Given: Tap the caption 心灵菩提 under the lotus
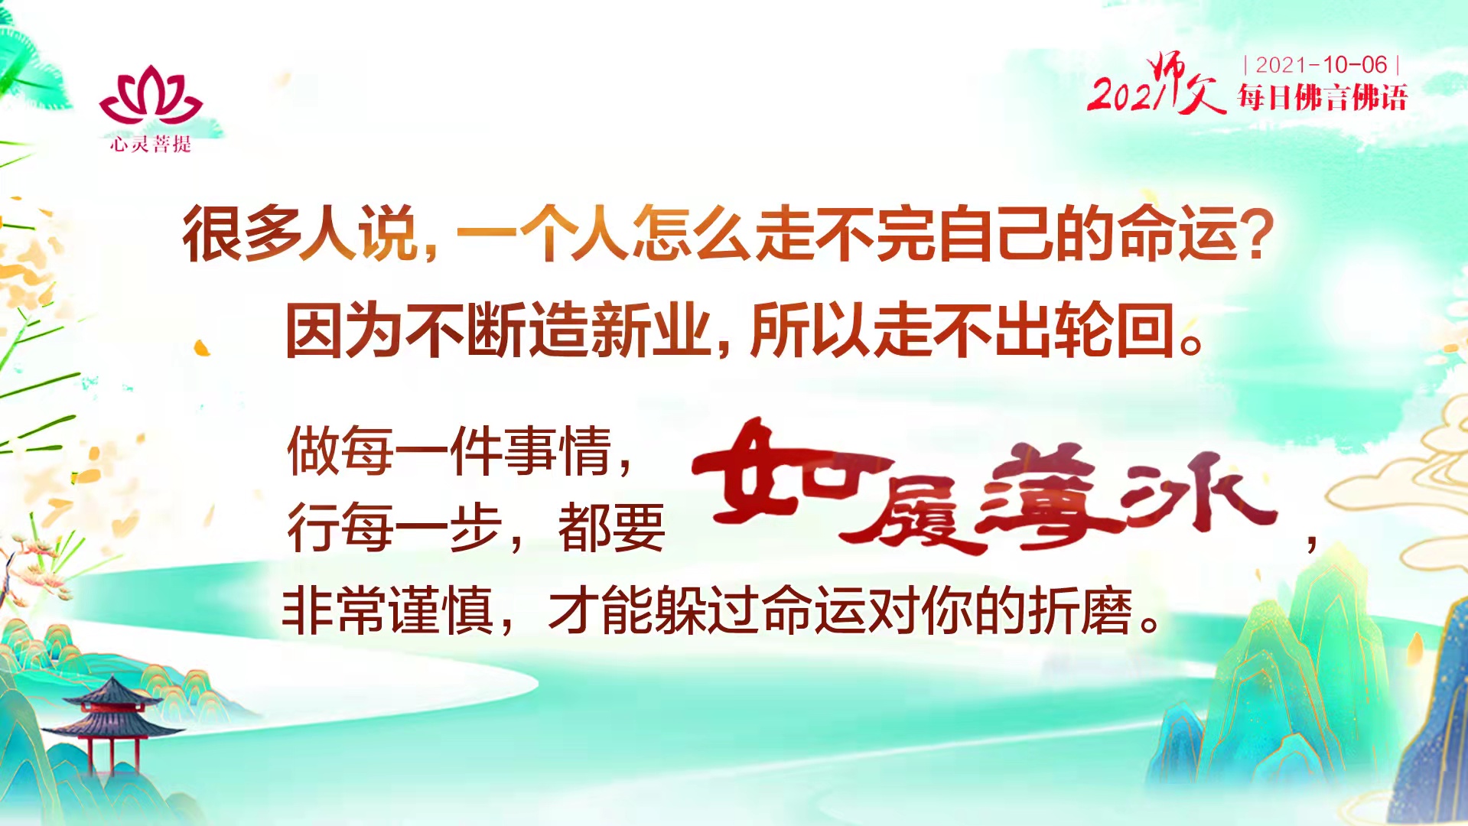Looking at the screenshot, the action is point(150,144).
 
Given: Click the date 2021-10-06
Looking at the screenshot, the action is point(1321,65).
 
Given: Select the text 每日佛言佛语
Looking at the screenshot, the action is point(1322,98).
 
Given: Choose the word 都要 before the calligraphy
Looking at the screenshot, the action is point(611,528).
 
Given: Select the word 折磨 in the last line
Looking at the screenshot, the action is point(1079,610).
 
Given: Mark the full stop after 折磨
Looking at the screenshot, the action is point(1150,621).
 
